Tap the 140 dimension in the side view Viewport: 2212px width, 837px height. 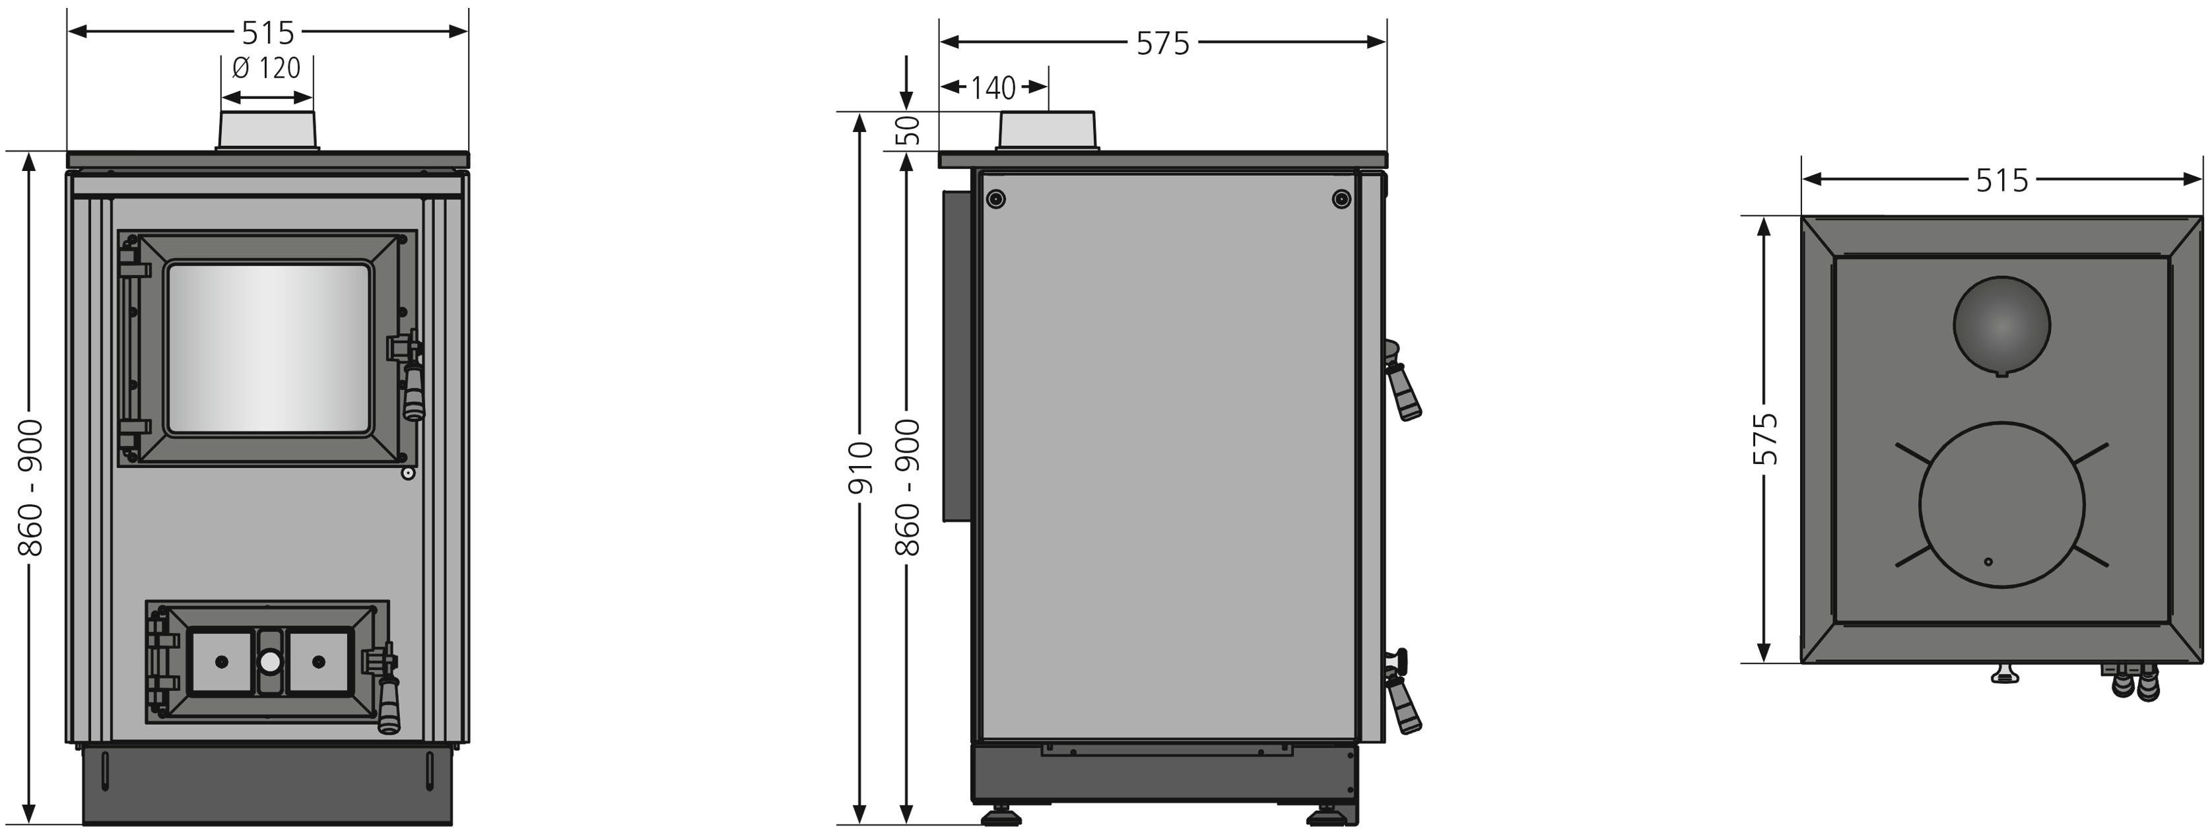pos(993,88)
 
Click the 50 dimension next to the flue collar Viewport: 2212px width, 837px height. pos(908,131)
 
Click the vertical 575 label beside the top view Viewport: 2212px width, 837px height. pos(1764,439)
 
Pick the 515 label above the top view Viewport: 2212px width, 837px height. pos(2001,180)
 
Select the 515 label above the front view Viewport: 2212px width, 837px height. pos(268,32)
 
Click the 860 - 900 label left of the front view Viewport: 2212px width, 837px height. pos(31,488)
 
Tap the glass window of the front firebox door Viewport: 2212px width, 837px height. pos(269,348)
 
